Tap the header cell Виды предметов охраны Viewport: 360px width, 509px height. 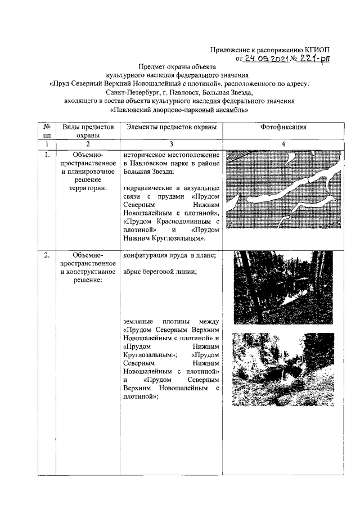coord(88,132)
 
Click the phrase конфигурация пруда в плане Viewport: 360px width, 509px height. coord(169,256)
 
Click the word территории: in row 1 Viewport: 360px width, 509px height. coord(88,188)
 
